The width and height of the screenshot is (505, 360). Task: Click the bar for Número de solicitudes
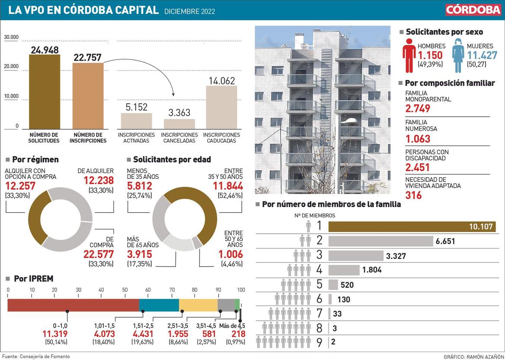44,92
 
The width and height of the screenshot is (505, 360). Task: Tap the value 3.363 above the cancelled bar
179,113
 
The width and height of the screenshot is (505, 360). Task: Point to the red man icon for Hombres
409,55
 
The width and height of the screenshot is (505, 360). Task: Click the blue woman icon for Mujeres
458,55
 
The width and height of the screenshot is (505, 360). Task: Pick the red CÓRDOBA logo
473,10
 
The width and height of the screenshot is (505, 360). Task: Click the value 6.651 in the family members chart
445,241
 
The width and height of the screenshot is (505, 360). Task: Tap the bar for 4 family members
344,270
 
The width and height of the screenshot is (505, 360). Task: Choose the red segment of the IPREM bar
73,305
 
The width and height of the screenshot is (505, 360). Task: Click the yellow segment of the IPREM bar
198,305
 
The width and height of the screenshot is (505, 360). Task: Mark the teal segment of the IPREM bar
159,305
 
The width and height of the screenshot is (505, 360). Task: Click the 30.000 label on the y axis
12,37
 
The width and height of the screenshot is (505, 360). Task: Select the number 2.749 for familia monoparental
418,108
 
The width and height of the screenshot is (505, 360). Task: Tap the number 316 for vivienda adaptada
413,195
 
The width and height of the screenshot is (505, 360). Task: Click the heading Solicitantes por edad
172,159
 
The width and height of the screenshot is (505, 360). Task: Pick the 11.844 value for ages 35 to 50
228,186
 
